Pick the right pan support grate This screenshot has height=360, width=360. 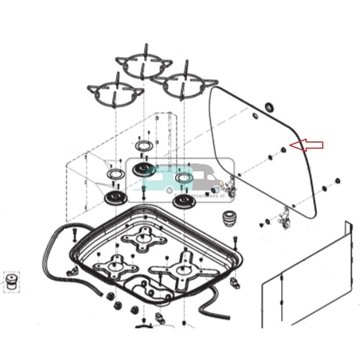[186, 83]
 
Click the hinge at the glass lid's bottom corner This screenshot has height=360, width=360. [285, 219]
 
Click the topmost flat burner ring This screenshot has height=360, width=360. [144, 146]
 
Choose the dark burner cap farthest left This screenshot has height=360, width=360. [113, 197]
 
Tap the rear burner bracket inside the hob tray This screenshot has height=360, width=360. [144, 239]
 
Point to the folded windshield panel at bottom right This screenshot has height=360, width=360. [306, 281]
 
